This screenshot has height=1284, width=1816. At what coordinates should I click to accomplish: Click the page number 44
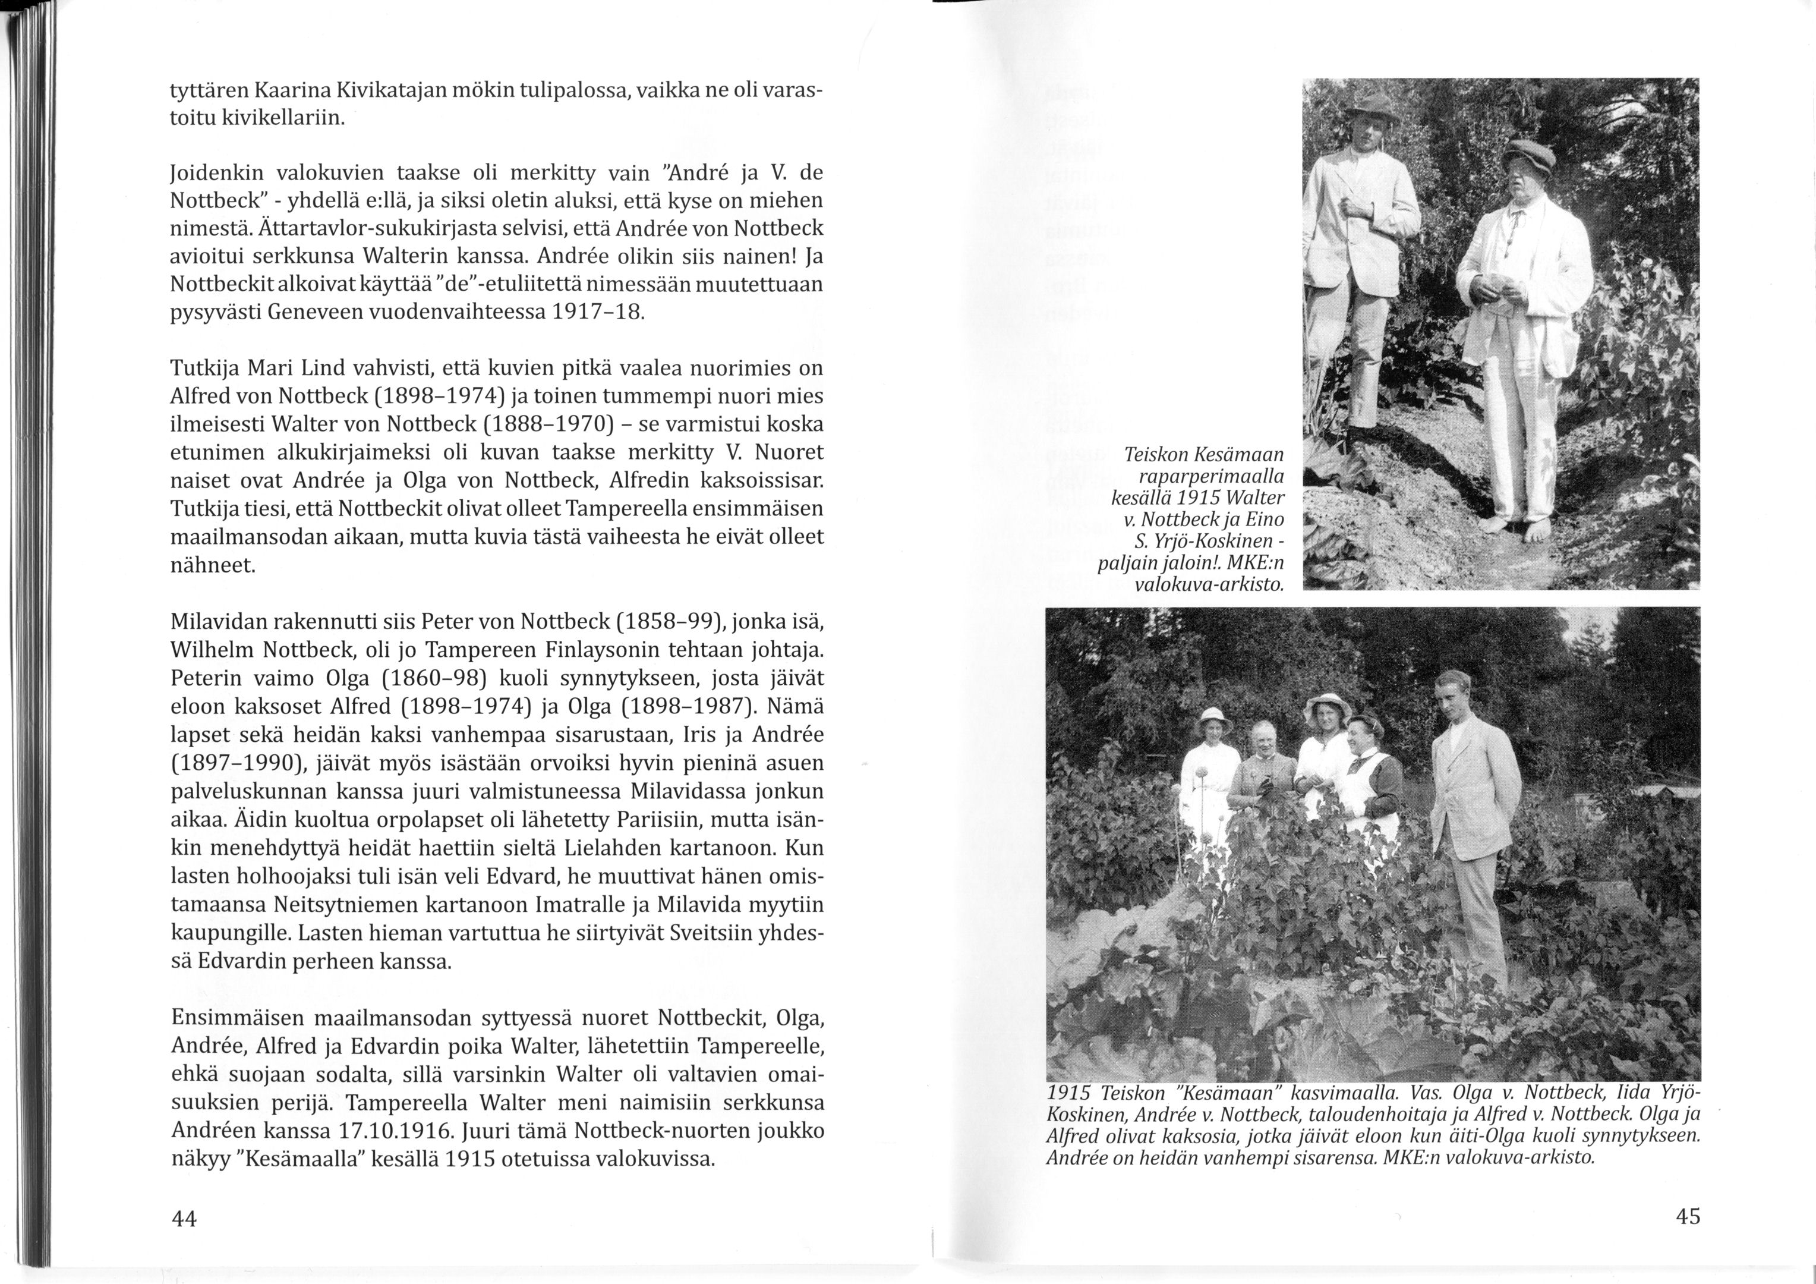click(184, 1219)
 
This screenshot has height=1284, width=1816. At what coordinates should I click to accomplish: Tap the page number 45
click(1688, 1217)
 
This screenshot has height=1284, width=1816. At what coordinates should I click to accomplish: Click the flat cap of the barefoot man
click(1528, 153)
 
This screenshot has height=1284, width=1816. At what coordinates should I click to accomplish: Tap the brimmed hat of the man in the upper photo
click(1372, 108)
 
